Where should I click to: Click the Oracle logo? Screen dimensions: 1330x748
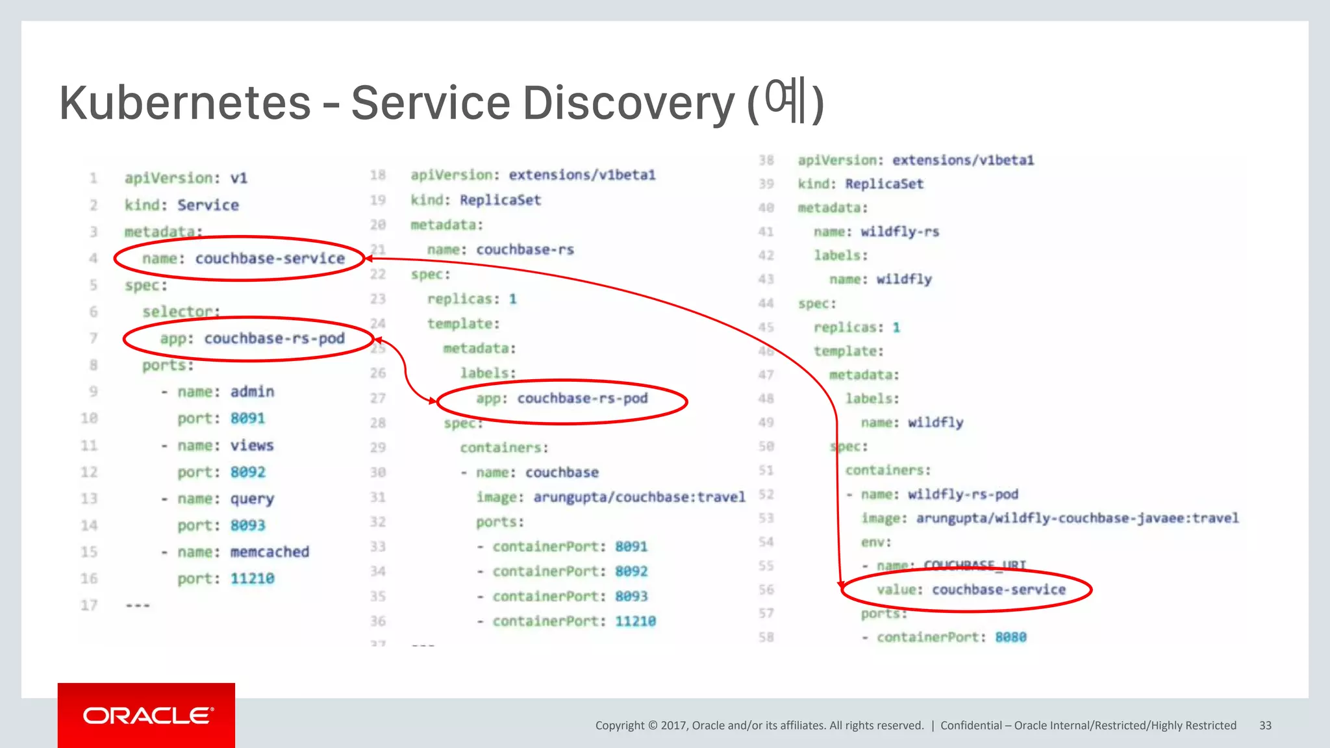coord(147,716)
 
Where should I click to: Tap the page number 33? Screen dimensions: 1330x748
coord(1265,725)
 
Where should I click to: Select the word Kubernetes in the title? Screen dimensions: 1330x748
coord(185,103)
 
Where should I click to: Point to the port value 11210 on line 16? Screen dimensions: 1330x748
coord(252,579)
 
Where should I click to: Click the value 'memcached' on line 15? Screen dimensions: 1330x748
coord(270,552)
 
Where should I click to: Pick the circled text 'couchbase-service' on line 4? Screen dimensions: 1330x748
coord(270,258)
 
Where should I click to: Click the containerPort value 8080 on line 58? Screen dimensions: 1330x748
coord(1010,637)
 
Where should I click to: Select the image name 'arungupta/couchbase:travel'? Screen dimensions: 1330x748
coord(639,497)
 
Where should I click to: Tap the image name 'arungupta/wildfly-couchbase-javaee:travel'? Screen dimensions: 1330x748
coord(1077,518)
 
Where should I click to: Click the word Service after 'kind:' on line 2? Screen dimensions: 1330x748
coord(208,205)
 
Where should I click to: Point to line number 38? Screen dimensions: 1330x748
coord(766,160)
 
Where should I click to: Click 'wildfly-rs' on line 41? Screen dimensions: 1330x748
coord(900,232)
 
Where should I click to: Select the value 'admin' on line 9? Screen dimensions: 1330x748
coord(252,392)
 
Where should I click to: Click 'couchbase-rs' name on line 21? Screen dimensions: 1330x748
coord(525,250)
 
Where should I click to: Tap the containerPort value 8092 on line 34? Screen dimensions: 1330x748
coord(631,571)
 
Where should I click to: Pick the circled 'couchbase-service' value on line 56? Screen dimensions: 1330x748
coord(999,590)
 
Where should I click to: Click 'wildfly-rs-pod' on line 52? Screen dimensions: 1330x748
coord(962,495)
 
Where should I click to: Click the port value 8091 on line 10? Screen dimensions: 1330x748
coord(247,418)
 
